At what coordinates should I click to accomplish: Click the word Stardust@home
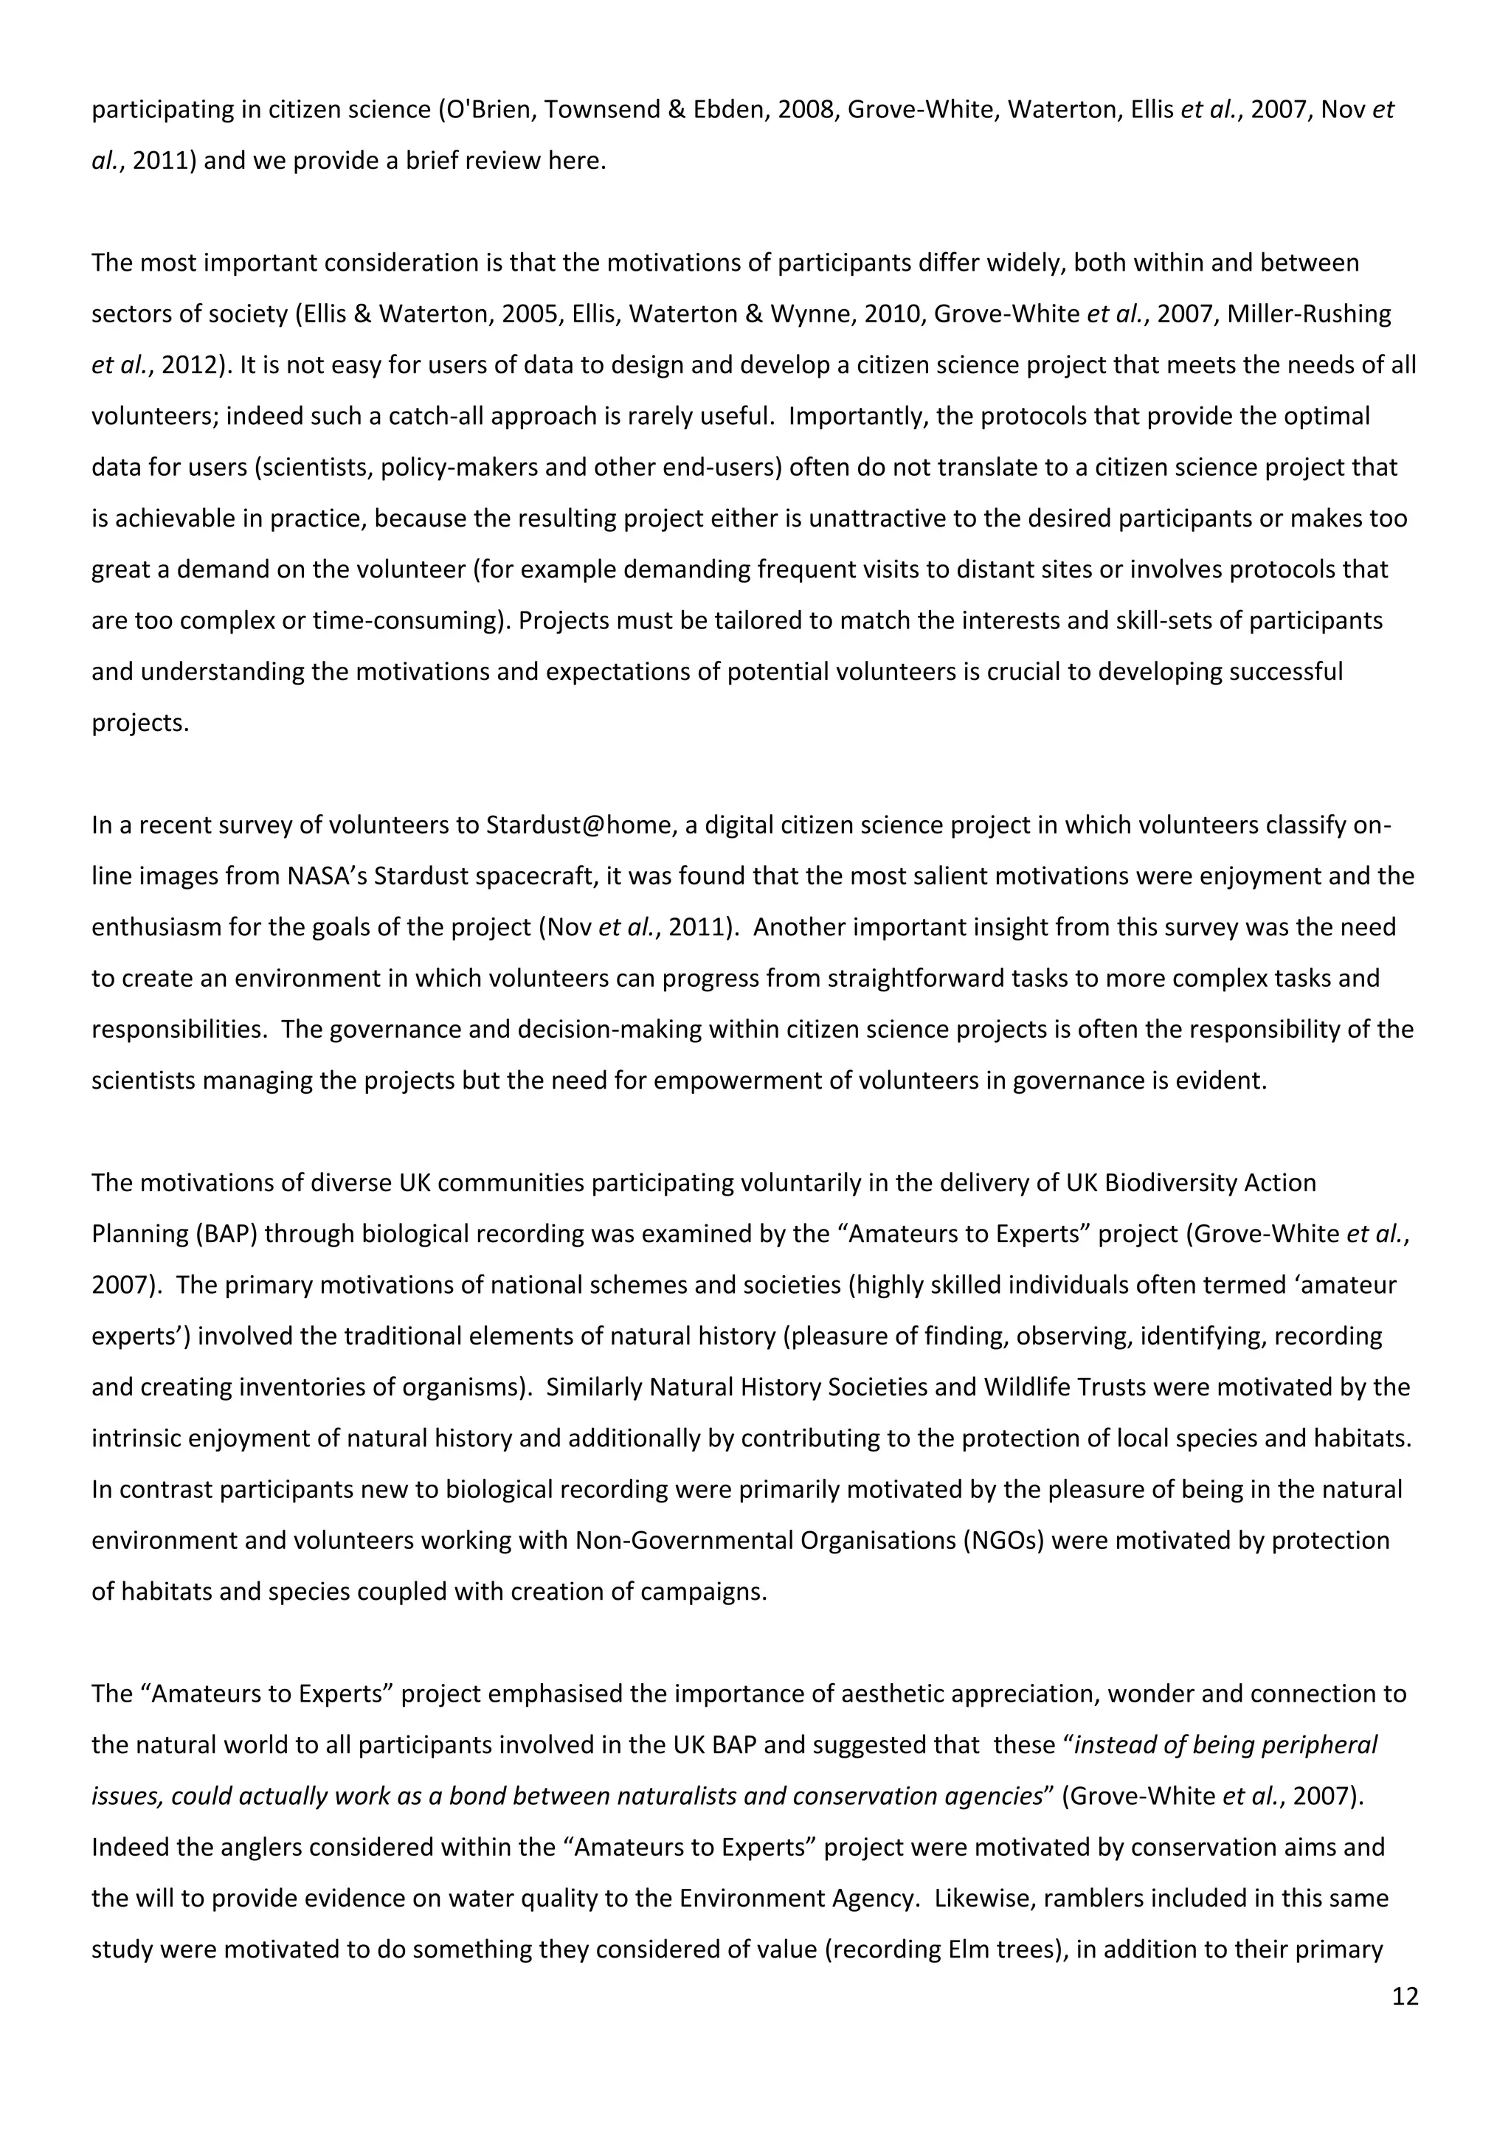tap(577, 825)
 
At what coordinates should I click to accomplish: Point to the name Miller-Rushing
tap(1309, 314)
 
